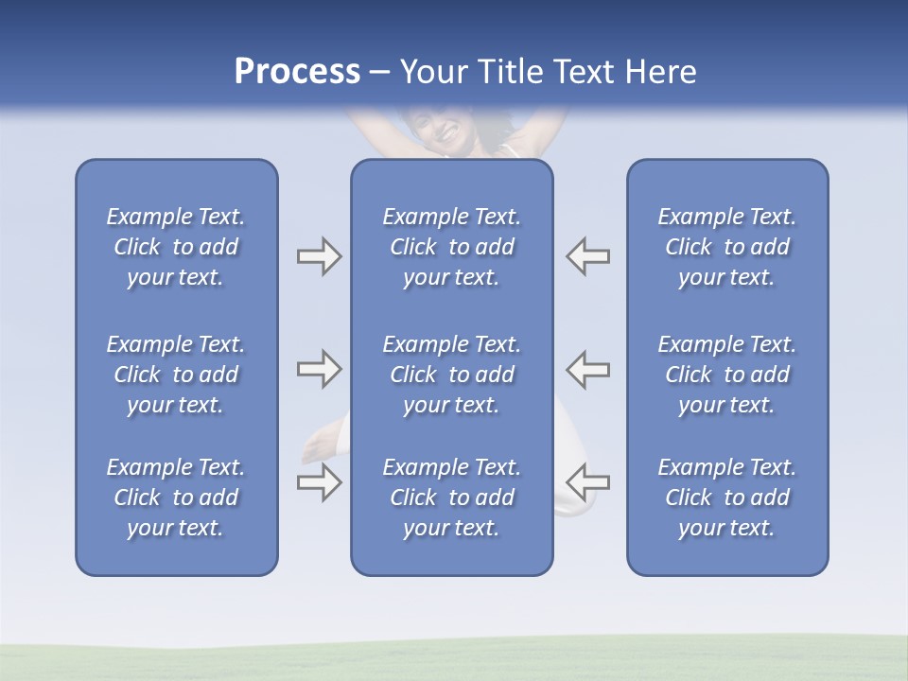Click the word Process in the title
(x=297, y=72)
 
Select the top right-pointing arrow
(x=319, y=256)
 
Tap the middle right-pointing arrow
(x=319, y=369)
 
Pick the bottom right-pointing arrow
(x=319, y=483)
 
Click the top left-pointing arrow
(x=587, y=256)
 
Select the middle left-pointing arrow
(x=587, y=369)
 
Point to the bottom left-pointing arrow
(x=587, y=483)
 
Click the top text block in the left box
(x=176, y=247)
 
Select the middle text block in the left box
(x=176, y=375)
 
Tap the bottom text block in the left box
(x=176, y=498)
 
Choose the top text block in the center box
(x=452, y=247)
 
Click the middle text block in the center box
(x=452, y=375)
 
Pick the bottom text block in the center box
(x=452, y=498)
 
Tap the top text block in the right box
(x=727, y=247)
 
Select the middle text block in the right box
(x=727, y=375)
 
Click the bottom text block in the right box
(x=727, y=498)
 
